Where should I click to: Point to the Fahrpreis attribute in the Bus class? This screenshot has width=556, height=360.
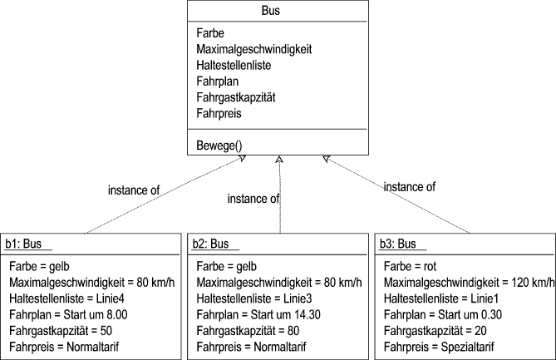pos(219,113)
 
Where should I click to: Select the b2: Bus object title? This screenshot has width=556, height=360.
pos(209,244)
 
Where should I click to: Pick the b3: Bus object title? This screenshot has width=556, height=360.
pos(398,244)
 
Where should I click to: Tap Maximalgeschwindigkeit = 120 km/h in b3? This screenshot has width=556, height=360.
pos(468,283)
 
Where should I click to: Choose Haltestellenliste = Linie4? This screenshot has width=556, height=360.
pos(68,298)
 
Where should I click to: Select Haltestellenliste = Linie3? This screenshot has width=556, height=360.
pos(255,298)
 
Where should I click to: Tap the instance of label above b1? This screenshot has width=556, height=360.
pos(134,190)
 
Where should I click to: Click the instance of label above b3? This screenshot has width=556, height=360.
pos(409,187)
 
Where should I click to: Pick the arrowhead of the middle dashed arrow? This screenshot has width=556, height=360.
pos(280,159)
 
